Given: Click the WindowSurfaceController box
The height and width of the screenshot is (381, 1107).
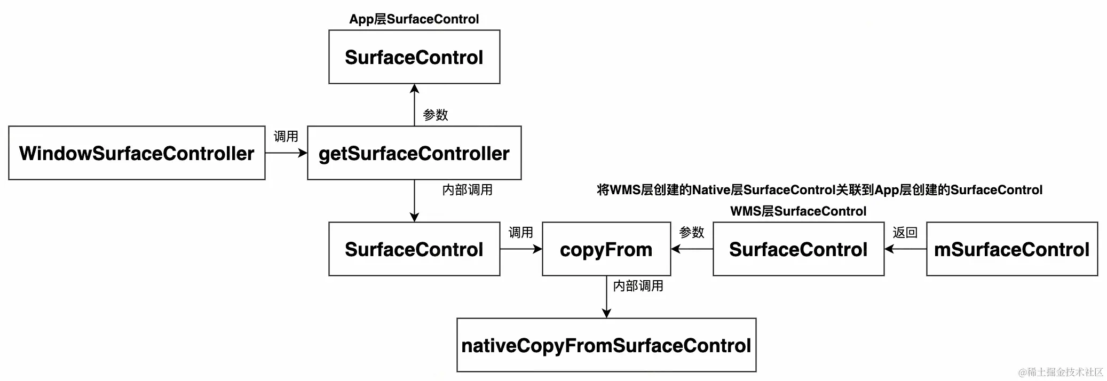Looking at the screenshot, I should [137, 153].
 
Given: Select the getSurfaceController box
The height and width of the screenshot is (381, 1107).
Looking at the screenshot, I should [414, 153].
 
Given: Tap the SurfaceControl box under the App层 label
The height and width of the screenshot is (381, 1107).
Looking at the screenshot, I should [414, 57].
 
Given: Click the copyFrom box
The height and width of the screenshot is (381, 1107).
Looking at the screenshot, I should [606, 249].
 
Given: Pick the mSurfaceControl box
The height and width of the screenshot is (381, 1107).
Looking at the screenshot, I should [1012, 249].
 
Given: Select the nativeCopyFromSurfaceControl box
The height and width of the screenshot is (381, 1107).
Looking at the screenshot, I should [606, 345].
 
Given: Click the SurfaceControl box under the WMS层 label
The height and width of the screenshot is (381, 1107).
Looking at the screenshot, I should [798, 249].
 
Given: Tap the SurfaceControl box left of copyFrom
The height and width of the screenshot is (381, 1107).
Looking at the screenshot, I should [414, 249].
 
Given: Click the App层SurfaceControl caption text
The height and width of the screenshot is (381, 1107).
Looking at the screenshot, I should [414, 19].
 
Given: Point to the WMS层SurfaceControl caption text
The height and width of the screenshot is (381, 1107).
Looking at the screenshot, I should [798, 211].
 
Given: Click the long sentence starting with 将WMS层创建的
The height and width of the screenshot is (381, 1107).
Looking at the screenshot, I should [820, 190].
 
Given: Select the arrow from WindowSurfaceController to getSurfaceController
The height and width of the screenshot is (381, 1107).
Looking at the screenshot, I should [286, 153].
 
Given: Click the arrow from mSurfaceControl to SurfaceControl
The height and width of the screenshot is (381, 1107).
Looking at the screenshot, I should [905, 249].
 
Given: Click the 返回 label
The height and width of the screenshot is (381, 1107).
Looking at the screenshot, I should [905, 233].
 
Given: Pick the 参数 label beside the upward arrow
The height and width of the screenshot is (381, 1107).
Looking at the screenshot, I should [436, 115].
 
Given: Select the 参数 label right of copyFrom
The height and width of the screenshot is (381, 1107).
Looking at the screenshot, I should [692, 233].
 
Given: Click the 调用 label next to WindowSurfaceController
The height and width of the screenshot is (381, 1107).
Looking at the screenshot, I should [286, 137].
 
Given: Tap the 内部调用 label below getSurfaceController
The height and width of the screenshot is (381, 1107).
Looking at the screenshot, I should [468, 190].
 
